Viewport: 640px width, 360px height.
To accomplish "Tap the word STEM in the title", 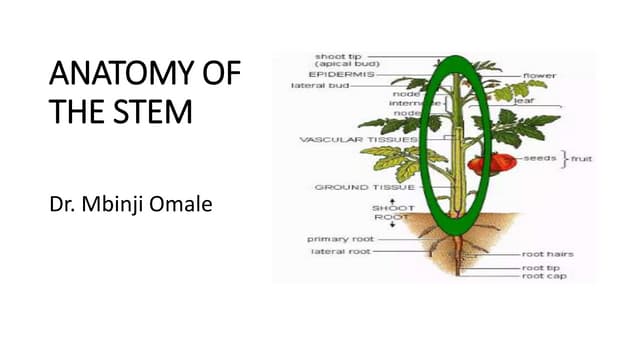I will tap(156, 111).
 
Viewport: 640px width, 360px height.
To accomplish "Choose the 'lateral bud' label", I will tap(317, 86).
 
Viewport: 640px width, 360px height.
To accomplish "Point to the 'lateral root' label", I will tap(339, 252).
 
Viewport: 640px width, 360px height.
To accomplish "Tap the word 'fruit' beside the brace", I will tap(581, 158).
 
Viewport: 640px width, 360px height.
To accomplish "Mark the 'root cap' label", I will tap(543, 276).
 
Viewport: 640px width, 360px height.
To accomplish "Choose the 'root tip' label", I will tap(540, 267).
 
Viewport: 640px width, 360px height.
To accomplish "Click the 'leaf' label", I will tap(523, 100).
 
